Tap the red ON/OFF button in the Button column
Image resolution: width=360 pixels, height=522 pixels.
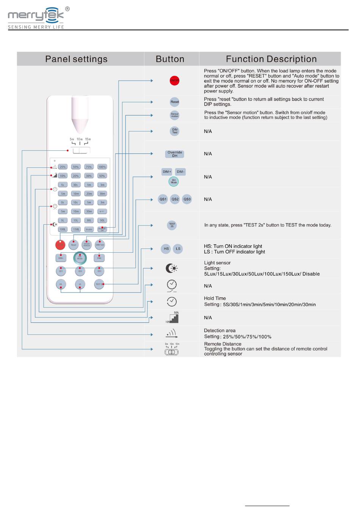coord(174,81)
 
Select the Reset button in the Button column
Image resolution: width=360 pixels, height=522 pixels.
coord(174,102)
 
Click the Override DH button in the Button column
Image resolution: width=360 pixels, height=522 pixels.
coord(175,154)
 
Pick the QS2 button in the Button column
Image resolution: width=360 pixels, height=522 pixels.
coord(175,199)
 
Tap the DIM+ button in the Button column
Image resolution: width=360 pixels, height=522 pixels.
coord(167,172)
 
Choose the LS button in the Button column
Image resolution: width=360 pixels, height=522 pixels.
coord(178,249)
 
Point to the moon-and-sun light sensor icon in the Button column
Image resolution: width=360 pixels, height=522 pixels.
coord(171,268)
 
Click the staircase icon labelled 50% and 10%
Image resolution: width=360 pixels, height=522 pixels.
coord(173,318)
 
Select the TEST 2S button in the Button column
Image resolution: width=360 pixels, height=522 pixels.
coord(172,225)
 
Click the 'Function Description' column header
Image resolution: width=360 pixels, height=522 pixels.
coord(271,59)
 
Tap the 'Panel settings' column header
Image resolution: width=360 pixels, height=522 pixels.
coord(76,59)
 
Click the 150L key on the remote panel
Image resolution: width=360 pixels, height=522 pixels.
coord(76,229)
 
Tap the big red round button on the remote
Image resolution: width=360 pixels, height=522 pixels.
coord(60,245)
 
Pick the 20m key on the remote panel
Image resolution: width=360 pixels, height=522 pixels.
coord(89,194)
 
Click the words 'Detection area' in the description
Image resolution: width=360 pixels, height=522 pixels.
coord(219,330)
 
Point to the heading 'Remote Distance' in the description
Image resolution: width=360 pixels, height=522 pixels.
coord(222,344)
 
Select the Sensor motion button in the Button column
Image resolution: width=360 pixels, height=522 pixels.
coord(174,115)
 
